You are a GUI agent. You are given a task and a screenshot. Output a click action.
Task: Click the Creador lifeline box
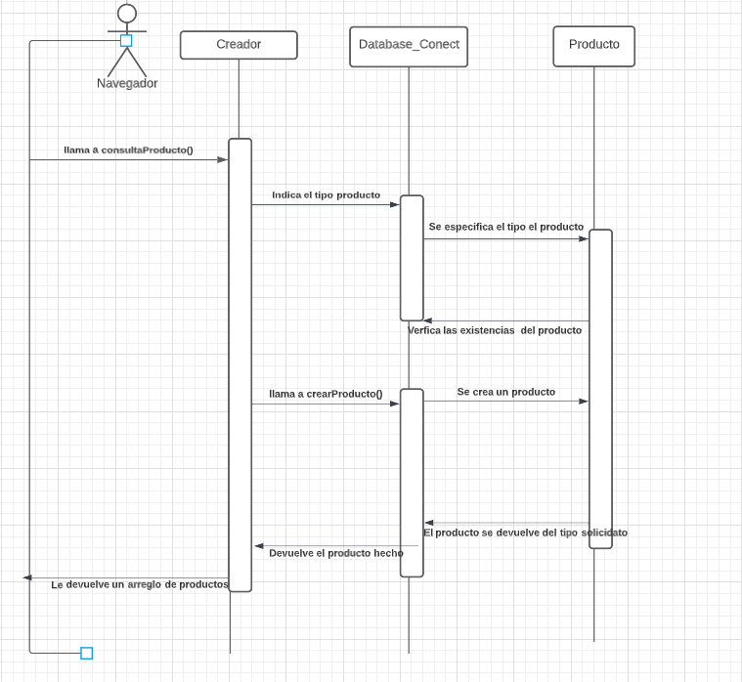(239, 45)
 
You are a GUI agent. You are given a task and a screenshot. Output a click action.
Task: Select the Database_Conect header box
(409, 46)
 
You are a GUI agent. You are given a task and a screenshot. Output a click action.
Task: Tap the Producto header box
(593, 46)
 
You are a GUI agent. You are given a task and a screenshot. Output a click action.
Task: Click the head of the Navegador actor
(127, 13)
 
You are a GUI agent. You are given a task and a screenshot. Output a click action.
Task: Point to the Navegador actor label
(127, 84)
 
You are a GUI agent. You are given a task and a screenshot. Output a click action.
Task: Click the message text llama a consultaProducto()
(128, 150)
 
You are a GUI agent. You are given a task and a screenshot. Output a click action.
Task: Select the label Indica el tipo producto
(326, 195)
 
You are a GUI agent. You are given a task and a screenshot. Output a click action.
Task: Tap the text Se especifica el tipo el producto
(505, 227)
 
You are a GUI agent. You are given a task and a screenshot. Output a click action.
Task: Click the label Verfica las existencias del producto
(494, 330)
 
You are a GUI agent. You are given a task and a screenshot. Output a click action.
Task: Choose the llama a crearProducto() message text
(326, 395)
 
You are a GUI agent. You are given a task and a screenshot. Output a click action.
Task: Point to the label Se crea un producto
(505, 392)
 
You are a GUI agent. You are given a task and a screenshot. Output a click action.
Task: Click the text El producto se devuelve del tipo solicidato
(525, 533)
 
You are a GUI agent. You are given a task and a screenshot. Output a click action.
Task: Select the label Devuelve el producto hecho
(335, 553)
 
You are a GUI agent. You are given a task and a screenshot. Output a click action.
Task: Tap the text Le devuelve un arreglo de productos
(139, 584)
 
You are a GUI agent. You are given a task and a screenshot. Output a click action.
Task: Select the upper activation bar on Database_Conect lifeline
(412, 258)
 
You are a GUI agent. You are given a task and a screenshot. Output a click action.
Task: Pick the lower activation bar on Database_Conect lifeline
(412, 483)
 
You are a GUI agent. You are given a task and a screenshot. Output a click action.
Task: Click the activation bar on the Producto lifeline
(600, 389)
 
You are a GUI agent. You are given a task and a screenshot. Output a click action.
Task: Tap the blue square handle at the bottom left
(86, 653)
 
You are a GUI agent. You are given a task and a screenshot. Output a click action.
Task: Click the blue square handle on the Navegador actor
(126, 41)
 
